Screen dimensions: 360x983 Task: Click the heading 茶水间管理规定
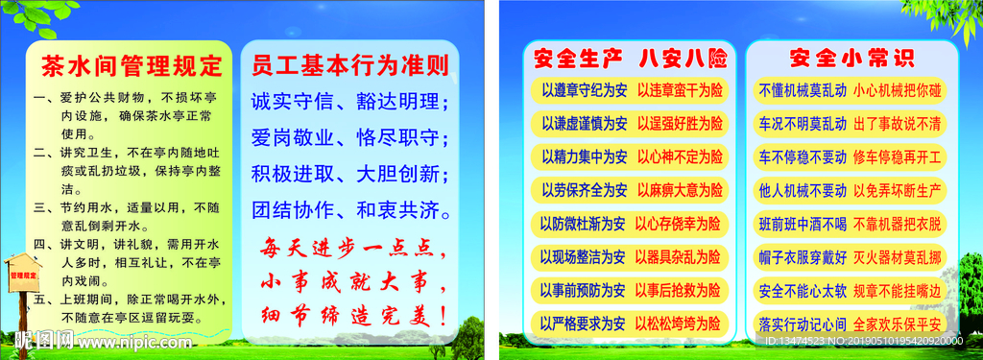[131, 65]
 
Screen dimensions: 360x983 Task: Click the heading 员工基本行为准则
[349, 65]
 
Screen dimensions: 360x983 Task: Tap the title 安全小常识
[845, 57]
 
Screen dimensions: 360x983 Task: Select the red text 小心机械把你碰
[898, 90]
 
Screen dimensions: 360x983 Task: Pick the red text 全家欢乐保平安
[898, 323]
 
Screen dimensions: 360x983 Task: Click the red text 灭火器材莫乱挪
[898, 257]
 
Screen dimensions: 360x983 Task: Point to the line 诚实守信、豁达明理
[350, 102]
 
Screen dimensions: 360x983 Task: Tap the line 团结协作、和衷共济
[350, 209]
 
